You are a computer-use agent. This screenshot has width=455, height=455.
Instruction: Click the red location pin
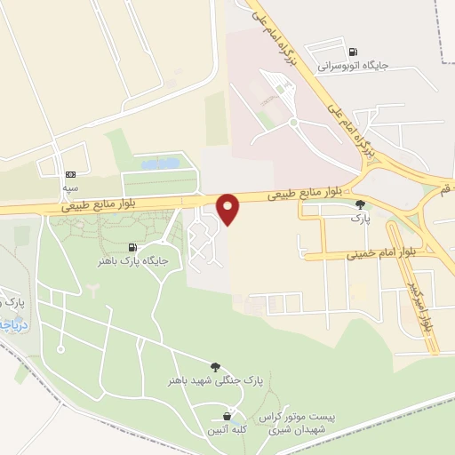(229, 208)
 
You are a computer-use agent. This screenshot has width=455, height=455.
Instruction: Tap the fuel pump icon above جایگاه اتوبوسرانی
(356, 52)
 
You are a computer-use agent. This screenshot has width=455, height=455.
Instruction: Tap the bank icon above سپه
(70, 174)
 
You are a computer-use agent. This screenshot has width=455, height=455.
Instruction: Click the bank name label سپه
(70, 188)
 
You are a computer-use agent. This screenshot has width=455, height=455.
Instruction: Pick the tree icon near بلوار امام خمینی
(360, 204)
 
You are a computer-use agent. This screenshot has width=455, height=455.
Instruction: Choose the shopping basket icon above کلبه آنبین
(228, 416)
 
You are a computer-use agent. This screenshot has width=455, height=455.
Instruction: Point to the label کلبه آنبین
(228, 429)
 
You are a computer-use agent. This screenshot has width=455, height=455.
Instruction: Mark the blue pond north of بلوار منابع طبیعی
(159, 164)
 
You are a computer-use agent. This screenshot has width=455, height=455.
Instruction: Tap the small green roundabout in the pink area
(292, 122)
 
